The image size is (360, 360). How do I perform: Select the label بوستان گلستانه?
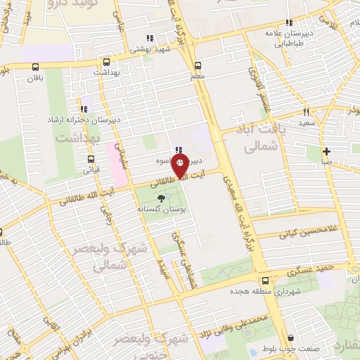click(x=162, y=210)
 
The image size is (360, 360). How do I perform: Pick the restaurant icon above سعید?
click(x=306, y=112)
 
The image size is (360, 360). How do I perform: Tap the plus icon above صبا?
click(x=327, y=151)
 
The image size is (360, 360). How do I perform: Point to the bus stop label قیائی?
click(x=91, y=170)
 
